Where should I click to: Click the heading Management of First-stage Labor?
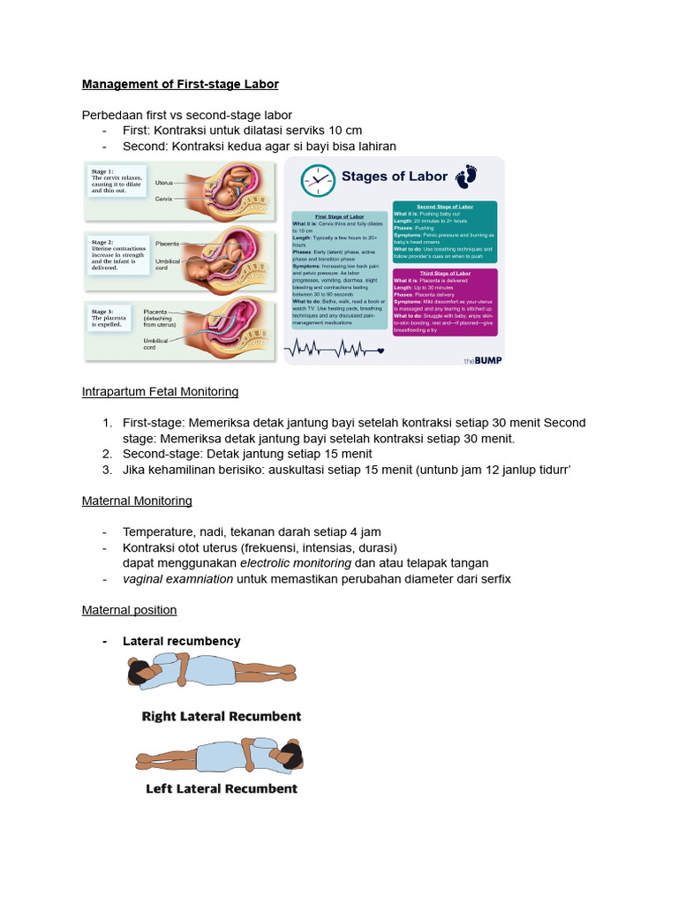pyautogui.click(x=180, y=85)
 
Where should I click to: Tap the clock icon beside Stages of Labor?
pyautogui.click(x=318, y=180)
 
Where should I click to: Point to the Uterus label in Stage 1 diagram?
pyautogui.click(x=163, y=183)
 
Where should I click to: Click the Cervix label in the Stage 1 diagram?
pyautogui.click(x=163, y=199)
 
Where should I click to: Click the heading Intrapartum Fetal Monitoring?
pyautogui.click(x=160, y=391)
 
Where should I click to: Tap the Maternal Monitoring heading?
pyautogui.click(x=137, y=501)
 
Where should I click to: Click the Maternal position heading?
pyautogui.click(x=129, y=610)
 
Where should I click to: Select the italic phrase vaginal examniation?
pyautogui.click(x=178, y=579)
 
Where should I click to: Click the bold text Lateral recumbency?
pyautogui.click(x=182, y=641)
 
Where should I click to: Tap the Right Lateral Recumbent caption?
pyautogui.click(x=222, y=717)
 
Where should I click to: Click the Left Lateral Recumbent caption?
pyautogui.click(x=222, y=788)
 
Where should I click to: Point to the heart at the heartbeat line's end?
pyautogui.click(x=380, y=351)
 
